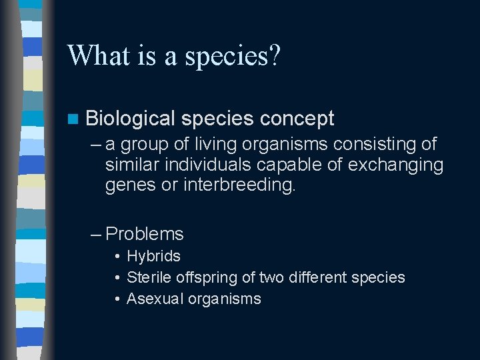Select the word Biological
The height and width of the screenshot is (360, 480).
(x=130, y=119)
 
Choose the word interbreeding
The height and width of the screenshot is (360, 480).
(x=239, y=185)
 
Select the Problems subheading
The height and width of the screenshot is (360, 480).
(x=145, y=234)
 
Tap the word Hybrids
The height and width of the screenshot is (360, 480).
(x=153, y=257)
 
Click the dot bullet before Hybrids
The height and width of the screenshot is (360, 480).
(x=117, y=257)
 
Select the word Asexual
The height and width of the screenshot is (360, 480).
(x=153, y=299)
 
